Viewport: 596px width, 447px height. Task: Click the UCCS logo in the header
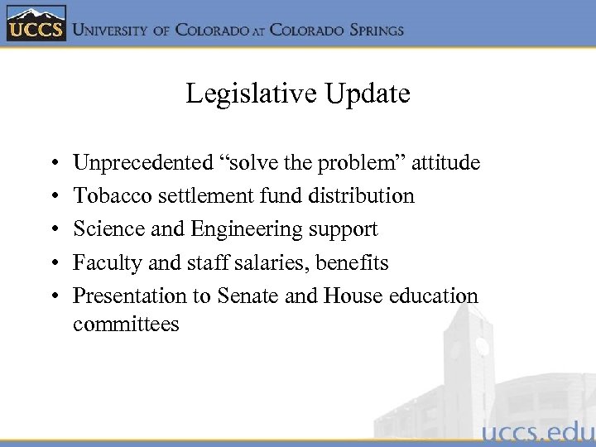(x=35, y=25)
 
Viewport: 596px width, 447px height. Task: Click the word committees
(x=126, y=324)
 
